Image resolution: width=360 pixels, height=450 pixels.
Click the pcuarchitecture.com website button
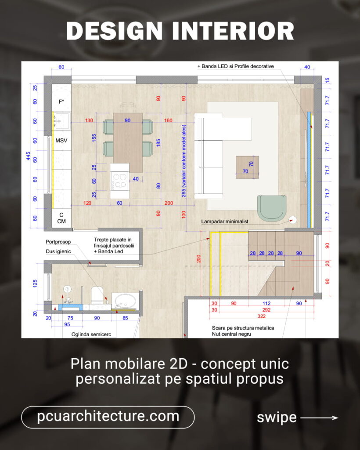pos(108,417)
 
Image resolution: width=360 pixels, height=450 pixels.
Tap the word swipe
pos(277,418)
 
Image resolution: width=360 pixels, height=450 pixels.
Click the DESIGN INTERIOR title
pos(180,31)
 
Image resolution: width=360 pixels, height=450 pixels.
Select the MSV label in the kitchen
pos(61,140)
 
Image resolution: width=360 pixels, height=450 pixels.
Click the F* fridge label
pos(61,102)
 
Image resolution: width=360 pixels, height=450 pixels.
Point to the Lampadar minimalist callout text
pos(225,221)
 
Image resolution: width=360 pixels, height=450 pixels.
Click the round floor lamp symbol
pos(292,220)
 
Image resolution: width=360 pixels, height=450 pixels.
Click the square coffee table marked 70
pos(247,167)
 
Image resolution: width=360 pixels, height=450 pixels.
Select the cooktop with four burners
pos(119,181)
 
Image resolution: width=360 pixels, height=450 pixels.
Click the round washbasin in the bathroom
pos(125,301)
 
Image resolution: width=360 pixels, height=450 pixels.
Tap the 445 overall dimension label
pos(28,156)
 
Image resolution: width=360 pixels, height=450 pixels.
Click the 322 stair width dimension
pos(261,316)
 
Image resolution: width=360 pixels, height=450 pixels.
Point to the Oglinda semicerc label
pos(91,334)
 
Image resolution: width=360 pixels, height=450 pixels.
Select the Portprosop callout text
pos(58,242)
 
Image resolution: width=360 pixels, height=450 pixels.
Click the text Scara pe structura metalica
pos(243,328)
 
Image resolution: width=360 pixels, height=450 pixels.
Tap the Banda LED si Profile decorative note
pos(236,66)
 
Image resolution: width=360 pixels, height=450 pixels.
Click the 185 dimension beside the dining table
pos(158,143)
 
